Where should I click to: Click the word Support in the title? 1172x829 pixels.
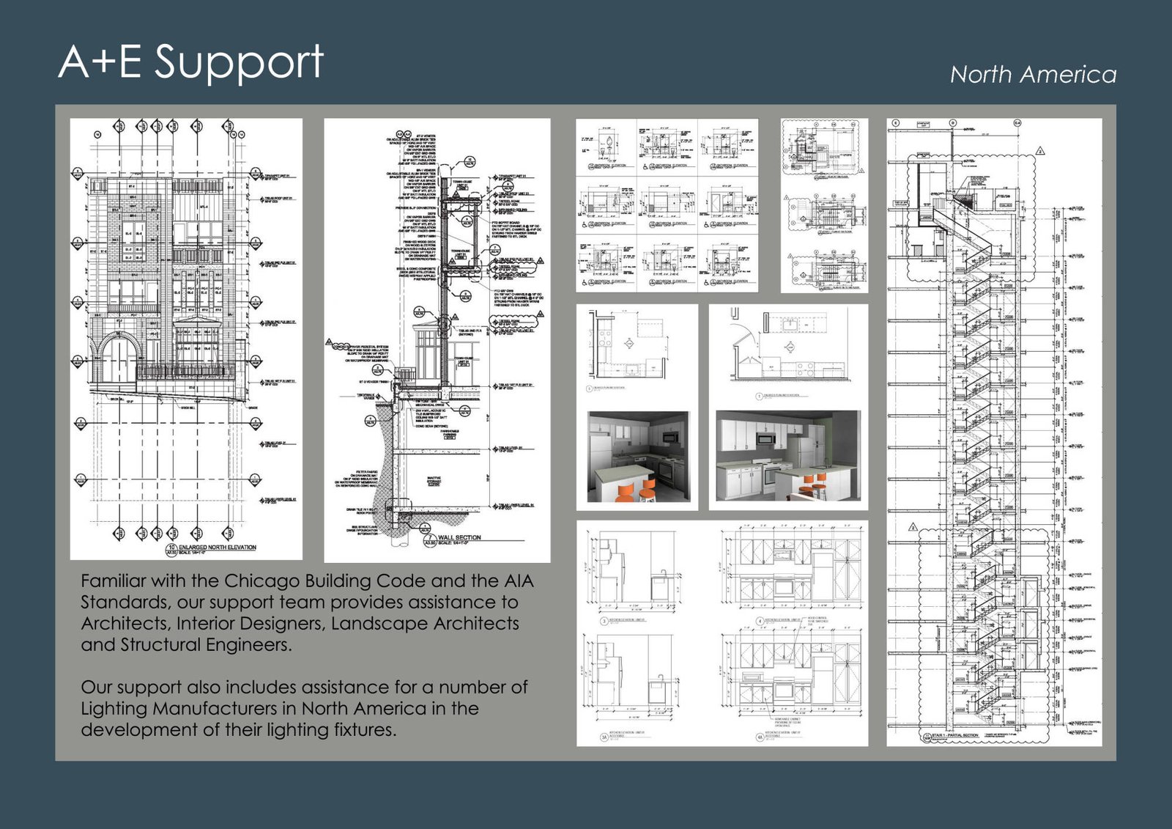[239, 62]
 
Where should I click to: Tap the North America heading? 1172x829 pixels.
[1033, 75]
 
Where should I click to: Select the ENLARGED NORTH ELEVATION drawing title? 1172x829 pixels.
[218, 548]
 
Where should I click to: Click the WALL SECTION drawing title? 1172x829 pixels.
[459, 537]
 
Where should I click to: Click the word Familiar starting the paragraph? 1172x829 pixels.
[113, 581]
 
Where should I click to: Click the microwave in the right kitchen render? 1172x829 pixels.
[766, 438]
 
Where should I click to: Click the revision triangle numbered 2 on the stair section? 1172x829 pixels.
[1040, 152]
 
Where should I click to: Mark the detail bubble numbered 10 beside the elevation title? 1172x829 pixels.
[171, 548]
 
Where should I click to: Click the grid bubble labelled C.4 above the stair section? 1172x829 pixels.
[1017, 123]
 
